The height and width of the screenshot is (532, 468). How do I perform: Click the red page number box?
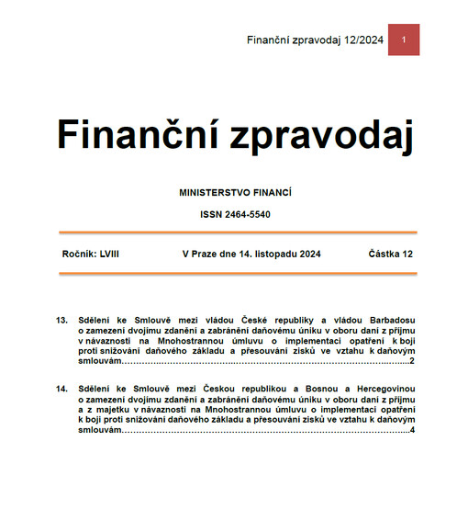tap(403, 40)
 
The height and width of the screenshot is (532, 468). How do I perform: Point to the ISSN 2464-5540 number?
tap(235, 214)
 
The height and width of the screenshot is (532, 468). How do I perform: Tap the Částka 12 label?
tap(391, 253)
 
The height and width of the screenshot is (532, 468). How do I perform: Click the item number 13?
tap(62, 320)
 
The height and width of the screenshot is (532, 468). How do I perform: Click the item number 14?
tap(62, 391)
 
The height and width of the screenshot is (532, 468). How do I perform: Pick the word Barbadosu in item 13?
tap(389, 320)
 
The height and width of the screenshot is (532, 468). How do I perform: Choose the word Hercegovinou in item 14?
tap(383, 391)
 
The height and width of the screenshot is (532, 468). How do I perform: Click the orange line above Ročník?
tap(235, 233)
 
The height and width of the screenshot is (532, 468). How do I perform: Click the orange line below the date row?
tap(235, 273)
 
